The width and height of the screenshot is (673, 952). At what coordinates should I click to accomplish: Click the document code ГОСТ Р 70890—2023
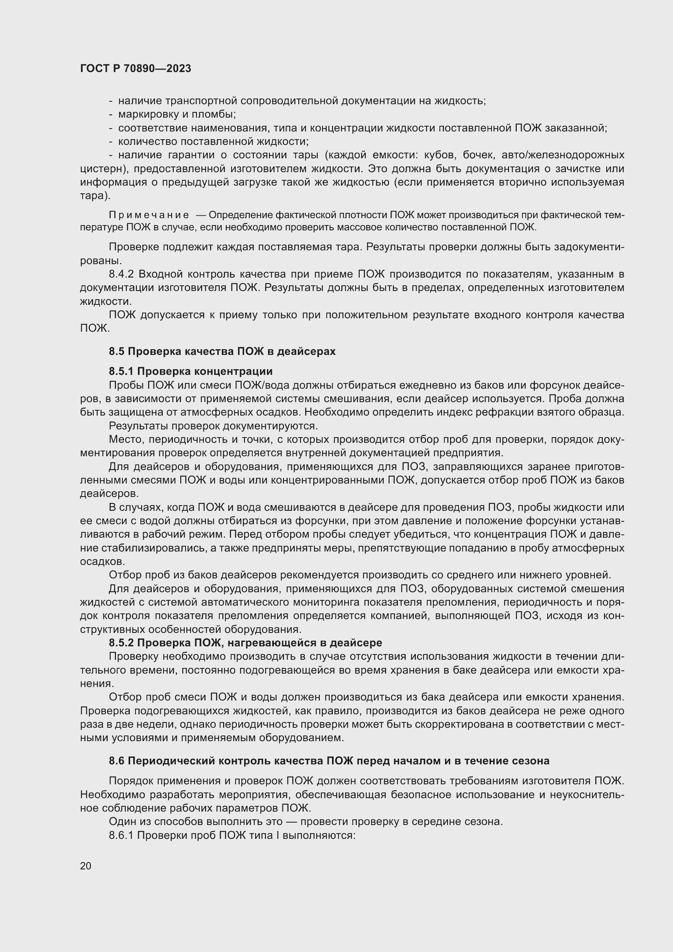pyautogui.click(x=135, y=69)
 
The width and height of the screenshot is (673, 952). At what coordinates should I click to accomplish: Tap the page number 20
pyautogui.click(x=85, y=866)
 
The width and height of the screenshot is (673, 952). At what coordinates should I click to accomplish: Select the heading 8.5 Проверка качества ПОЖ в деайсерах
pyautogui.click(x=222, y=351)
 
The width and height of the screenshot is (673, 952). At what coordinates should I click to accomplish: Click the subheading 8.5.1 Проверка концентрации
pyautogui.click(x=190, y=371)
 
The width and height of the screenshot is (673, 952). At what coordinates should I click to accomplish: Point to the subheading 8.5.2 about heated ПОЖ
pyautogui.click(x=245, y=643)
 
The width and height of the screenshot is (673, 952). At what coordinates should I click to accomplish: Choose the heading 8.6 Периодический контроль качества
pyautogui.click(x=329, y=761)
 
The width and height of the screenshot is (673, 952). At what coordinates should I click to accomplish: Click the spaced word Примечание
pyautogui.click(x=149, y=215)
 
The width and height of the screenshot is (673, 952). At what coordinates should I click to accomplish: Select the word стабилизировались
pyautogui.click(x=142, y=548)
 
